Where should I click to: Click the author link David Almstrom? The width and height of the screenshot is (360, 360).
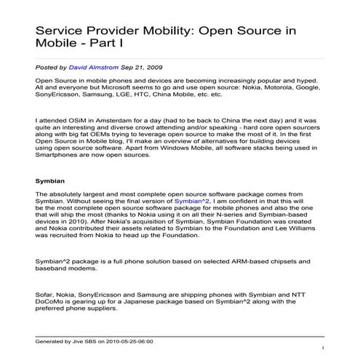point(94,66)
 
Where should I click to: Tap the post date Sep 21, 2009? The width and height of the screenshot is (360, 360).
point(135,66)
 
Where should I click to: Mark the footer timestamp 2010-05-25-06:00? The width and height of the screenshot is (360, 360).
point(132,340)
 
